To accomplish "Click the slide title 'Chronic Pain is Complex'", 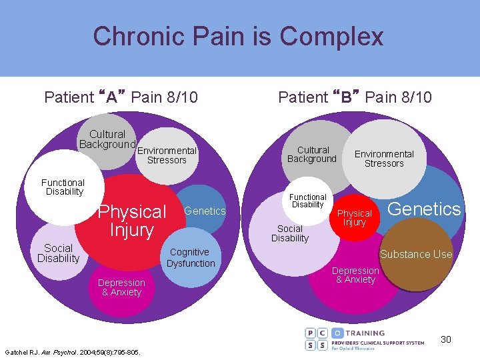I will click(239, 36).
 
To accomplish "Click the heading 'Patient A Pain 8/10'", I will click(121, 97).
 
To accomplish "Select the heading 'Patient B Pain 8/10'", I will click(355, 97).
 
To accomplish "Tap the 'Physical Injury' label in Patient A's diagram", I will click(132, 221).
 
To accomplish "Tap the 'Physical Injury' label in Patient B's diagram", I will click(354, 218).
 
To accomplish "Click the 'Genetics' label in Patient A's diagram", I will click(205, 211).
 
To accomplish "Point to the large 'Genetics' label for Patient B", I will click(424, 209).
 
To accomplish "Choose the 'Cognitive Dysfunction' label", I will click(191, 257).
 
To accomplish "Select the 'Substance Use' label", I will click(416, 254).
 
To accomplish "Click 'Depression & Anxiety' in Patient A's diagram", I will click(121, 287).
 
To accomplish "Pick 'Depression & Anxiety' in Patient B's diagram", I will click(355, 275).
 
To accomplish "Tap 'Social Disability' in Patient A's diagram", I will click(58, 253).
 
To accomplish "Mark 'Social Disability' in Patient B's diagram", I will click(290, 233).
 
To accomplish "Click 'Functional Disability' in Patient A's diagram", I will click(63, 187).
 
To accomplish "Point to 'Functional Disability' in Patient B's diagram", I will click(307, 201).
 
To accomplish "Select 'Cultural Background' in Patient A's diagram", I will click(107, 139).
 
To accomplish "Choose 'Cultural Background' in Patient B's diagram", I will click(312, 155).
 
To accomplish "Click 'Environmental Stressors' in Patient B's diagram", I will click(384, 159).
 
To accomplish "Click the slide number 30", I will click(445, 339).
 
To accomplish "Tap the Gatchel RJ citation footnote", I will click(72, 351).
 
